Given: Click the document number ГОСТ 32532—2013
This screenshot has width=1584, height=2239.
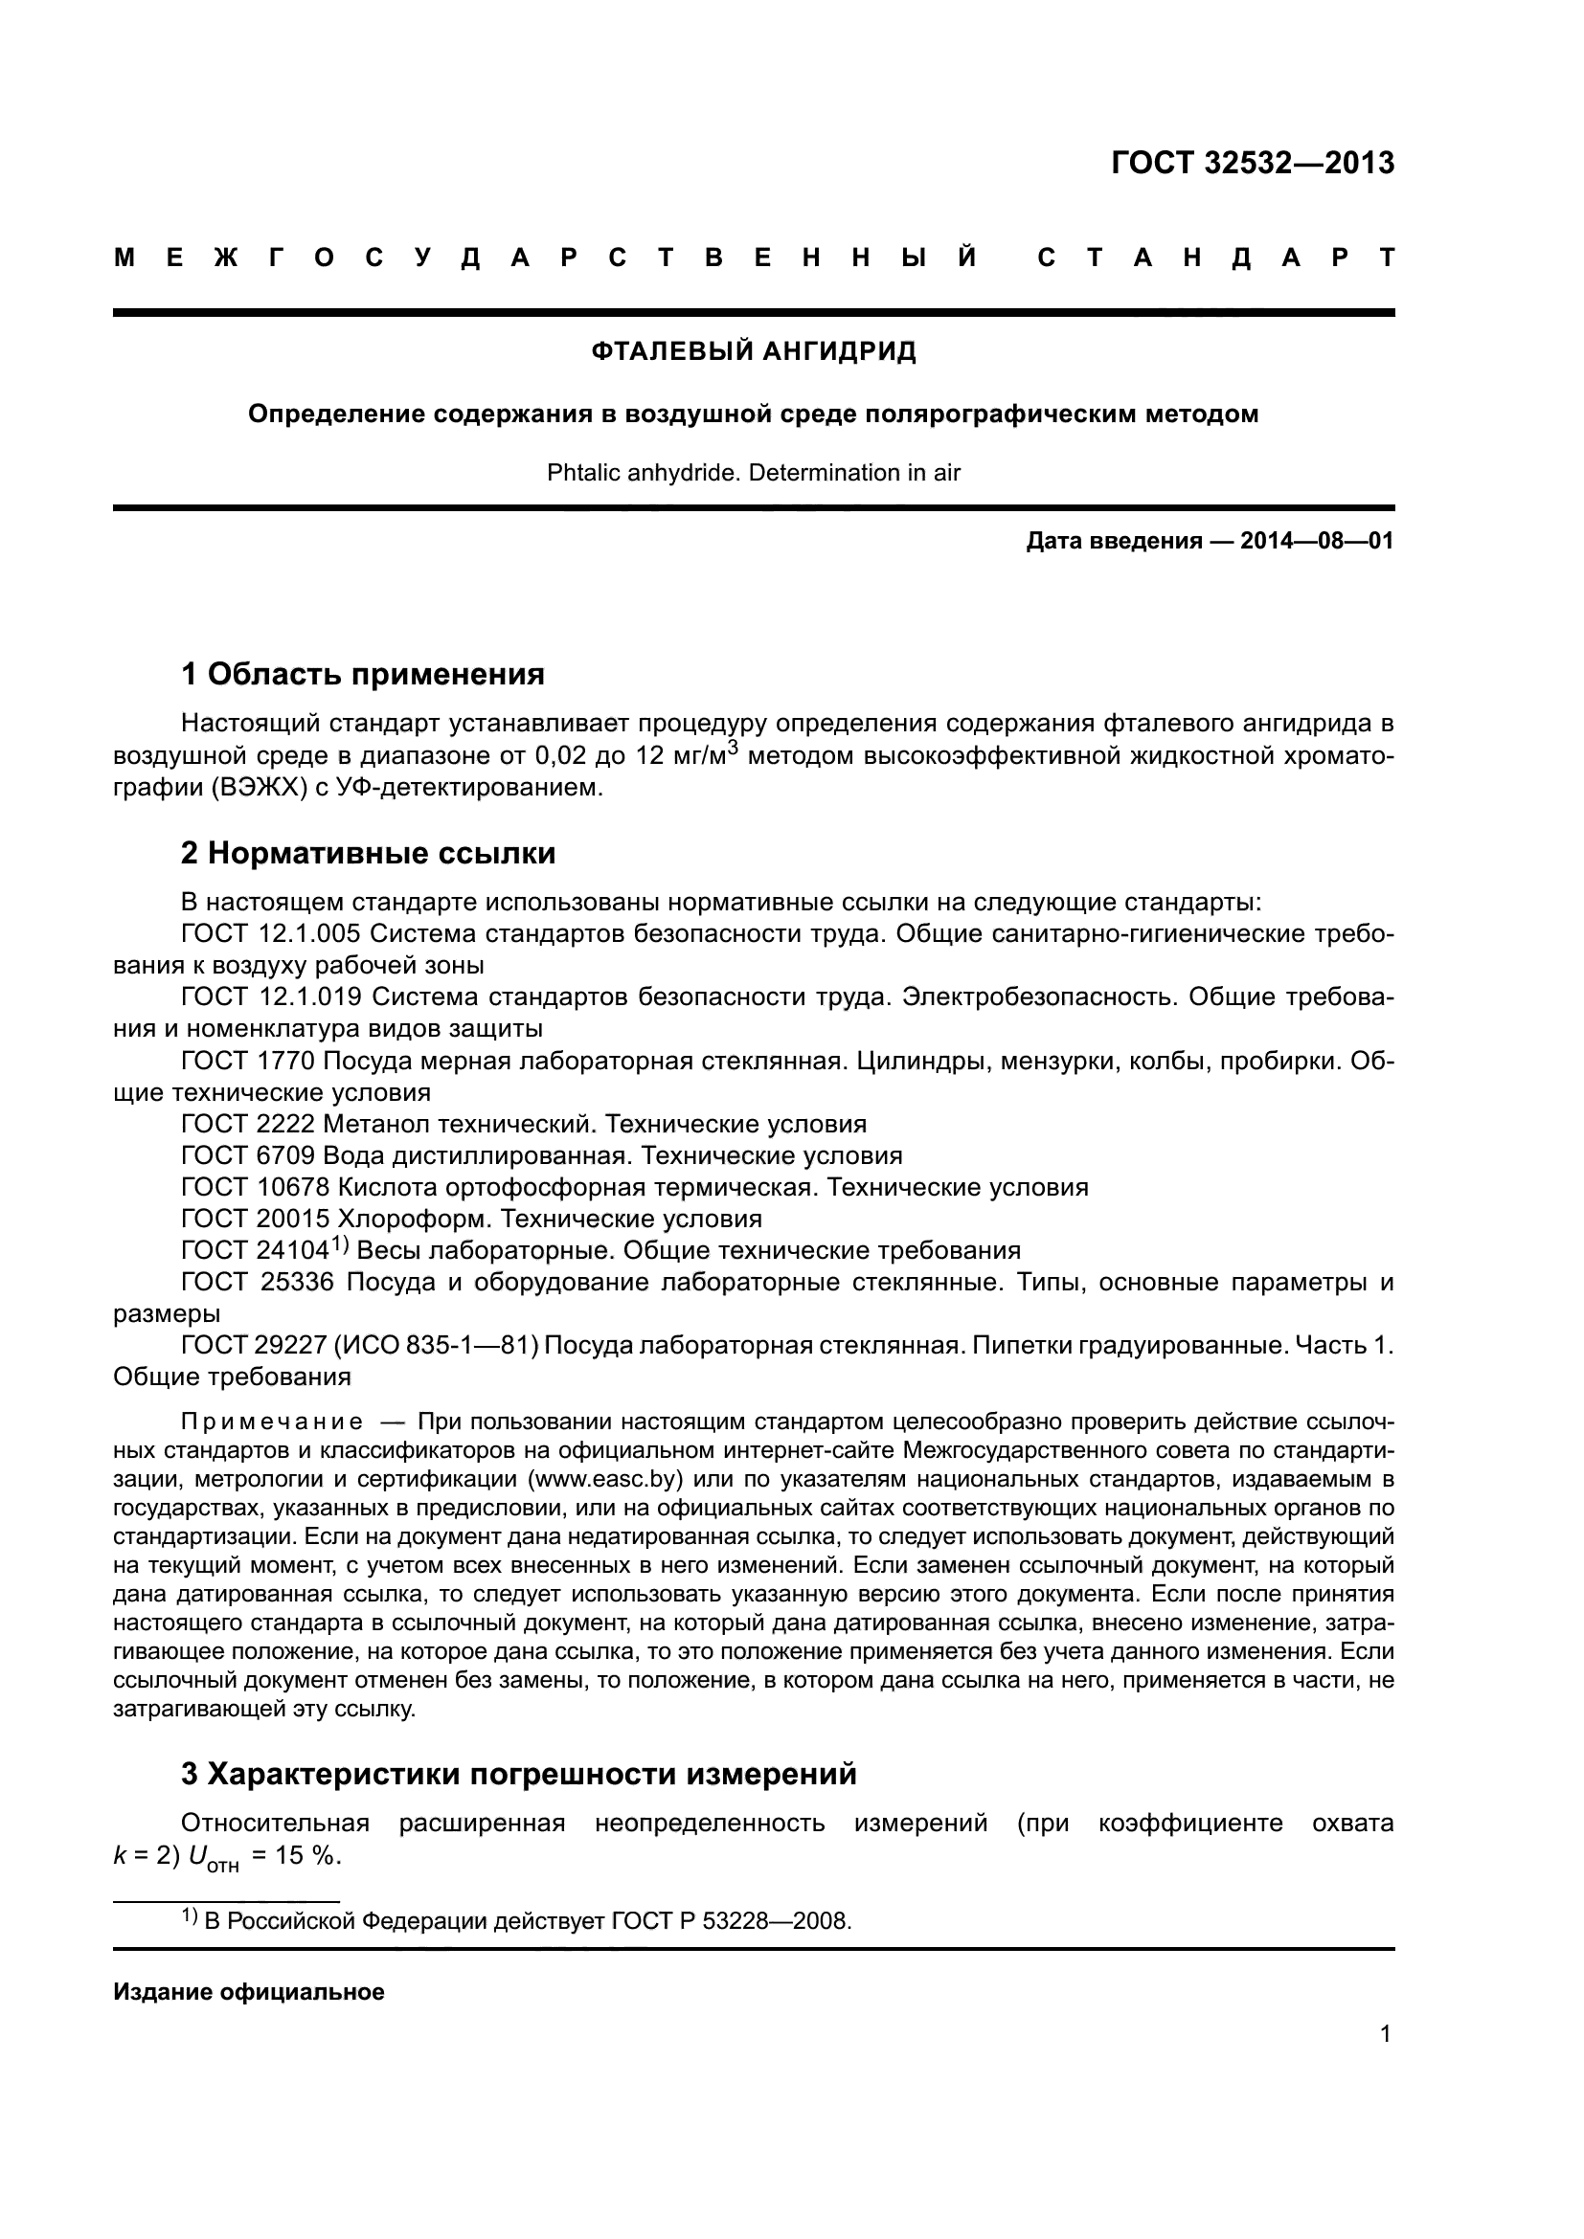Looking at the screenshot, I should pos(1253,163).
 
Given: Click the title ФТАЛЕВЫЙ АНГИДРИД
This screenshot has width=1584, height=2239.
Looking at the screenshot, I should pos(753,352).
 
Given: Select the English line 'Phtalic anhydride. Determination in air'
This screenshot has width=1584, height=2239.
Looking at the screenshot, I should pos(753,473).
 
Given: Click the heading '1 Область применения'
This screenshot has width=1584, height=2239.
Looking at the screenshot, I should pos(363,674).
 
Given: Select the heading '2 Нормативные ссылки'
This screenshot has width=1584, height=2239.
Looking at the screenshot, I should pos(368,853).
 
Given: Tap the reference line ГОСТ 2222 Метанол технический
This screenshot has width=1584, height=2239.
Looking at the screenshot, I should pos(524,1125).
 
